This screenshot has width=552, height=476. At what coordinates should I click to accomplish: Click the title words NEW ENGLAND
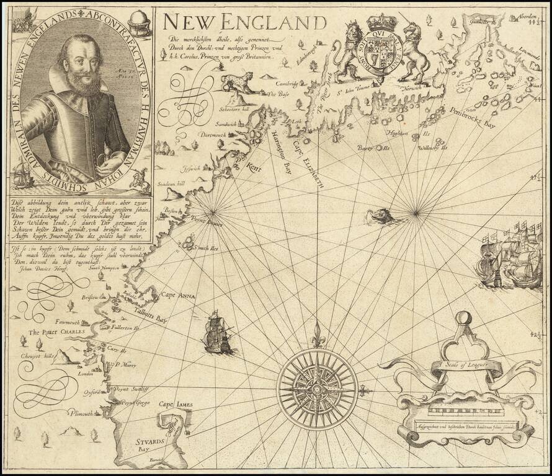tap(245, 23)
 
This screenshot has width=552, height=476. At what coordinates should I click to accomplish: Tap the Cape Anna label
tap(178, 296)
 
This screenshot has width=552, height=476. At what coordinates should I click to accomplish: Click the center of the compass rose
tap(317, 389)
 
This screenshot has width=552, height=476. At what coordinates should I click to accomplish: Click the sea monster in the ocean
tap(380, 216)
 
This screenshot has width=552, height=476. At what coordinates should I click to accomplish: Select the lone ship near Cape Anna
tap(217, 333)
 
